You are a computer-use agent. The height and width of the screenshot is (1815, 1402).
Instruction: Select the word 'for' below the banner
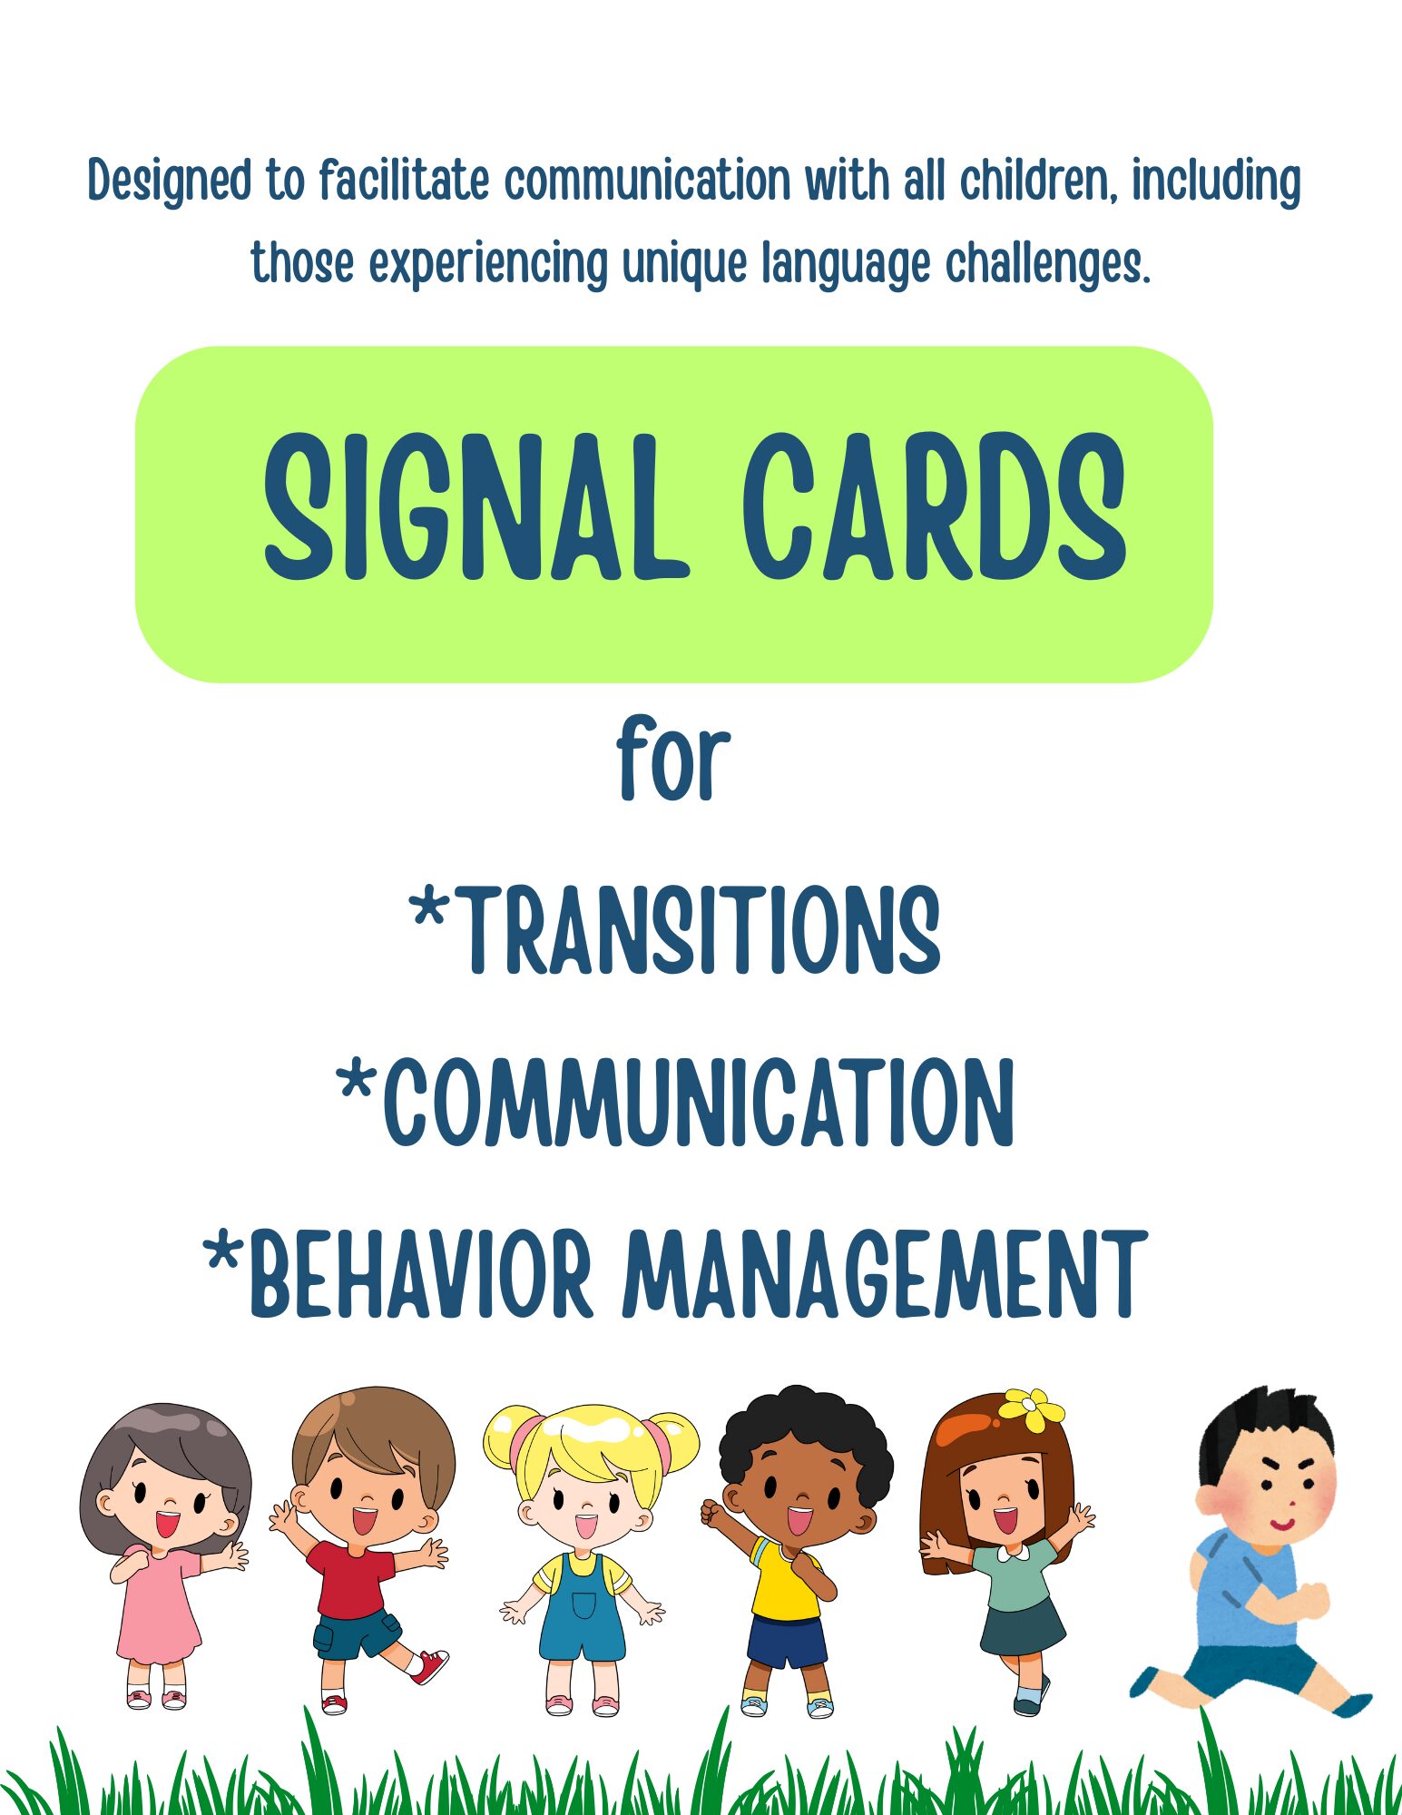(673, 759)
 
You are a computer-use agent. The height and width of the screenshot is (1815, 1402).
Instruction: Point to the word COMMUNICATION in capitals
(699, 1102)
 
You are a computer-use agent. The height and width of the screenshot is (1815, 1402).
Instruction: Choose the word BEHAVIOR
(421, 1274)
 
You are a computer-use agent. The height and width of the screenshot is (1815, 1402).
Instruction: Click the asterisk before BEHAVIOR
(223, 1255)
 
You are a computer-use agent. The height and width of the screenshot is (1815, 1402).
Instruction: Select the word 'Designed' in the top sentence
(171, 181)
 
